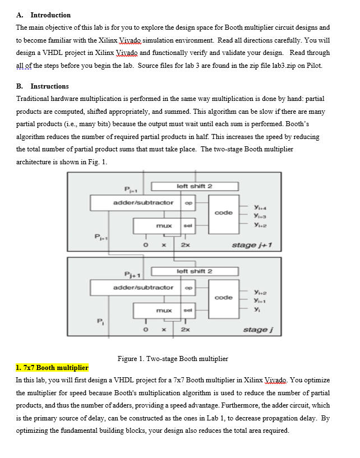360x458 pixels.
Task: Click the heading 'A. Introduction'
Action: pos(44,15)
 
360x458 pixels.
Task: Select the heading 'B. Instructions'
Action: pos(43,86)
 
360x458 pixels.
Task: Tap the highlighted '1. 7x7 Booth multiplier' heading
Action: pos(52,368)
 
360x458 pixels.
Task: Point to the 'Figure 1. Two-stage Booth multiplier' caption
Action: pos(173,358)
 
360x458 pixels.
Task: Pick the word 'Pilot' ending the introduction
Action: pos(313,66)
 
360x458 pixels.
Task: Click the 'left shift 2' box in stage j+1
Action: pos(194,186)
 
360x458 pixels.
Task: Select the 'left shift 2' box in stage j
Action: pos(194,271)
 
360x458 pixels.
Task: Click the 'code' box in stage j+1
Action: pos(224,212)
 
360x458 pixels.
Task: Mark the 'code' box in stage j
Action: pos(224,298)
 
